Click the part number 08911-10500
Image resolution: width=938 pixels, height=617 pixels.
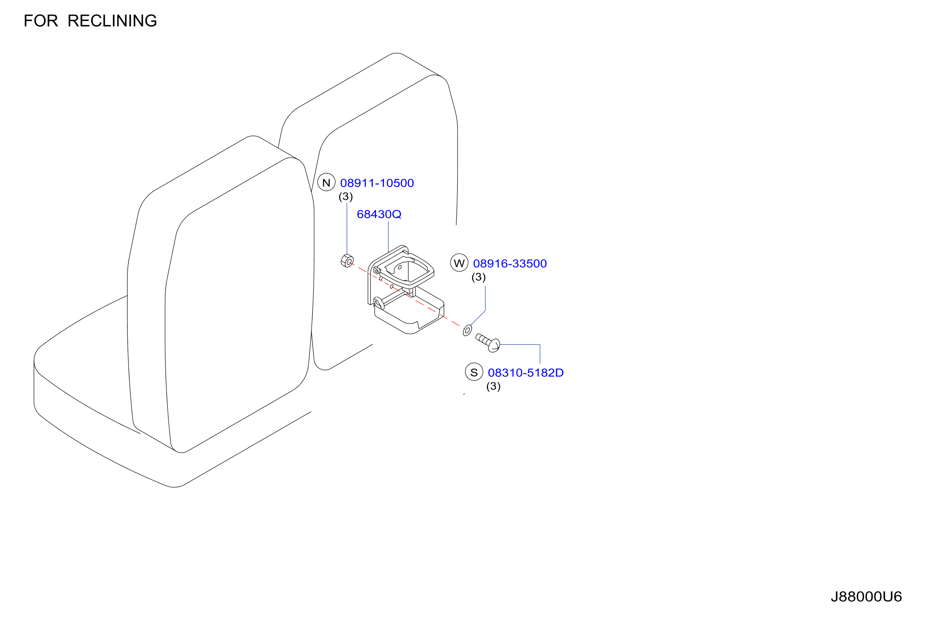tap(377, 183)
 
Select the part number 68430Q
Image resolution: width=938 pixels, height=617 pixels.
tap(379, 214)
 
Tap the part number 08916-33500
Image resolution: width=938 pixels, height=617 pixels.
tap(510, 264)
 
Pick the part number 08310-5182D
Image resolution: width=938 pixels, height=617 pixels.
tap(526, 373)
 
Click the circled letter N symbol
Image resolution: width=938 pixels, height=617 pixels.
tap(327, 182)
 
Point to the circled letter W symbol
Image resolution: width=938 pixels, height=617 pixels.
tap(459, 263)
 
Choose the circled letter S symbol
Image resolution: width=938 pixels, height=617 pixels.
tap(474, 372)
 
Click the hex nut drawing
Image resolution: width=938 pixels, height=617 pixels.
tap(347, 261)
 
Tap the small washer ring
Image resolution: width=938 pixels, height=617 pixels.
tap(467, 330)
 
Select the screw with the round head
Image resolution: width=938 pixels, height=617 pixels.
tap(488, 343)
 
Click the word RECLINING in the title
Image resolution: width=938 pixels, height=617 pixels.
tap(112, 21)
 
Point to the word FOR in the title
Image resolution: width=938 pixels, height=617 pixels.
tap(41, 21)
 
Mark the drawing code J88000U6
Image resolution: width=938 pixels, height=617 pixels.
tap(866, 597)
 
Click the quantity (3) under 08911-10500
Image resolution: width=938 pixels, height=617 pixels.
tap(346, 196)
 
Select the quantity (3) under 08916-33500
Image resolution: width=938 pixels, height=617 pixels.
tap(479, 277)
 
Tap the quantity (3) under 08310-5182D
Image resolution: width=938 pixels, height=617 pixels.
tap(493, 386)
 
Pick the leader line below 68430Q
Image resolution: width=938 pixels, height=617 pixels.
tap(389, 237)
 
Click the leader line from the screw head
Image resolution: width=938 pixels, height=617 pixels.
tap(540, 345)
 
